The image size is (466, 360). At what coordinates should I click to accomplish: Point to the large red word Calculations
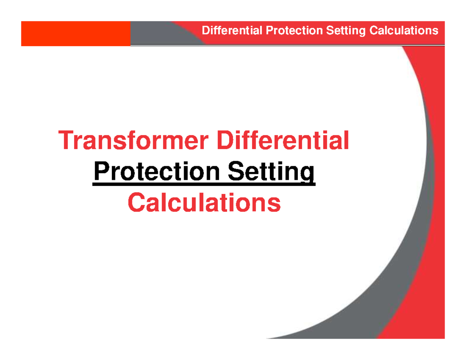pyautogui.click(x=204, y=203)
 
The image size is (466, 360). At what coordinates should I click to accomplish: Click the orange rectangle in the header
pyautogui.click(x=76, y=34)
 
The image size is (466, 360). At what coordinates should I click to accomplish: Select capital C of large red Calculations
pyautogui.click(x=136, y=203)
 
